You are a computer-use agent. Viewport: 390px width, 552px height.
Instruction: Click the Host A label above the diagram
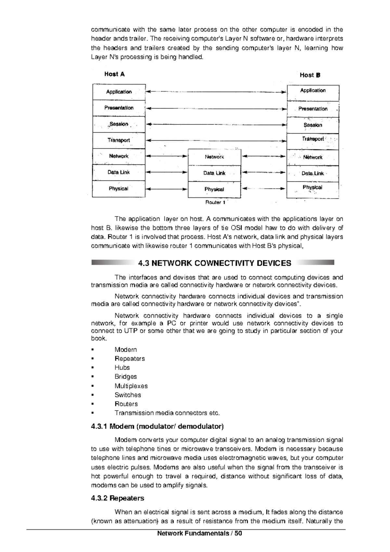pos(114,74)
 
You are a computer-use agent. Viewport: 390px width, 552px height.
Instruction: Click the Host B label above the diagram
pos(310,75)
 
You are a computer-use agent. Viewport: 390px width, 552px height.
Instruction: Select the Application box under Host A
pos(119,92)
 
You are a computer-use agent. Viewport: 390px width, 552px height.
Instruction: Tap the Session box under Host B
pos(313,125)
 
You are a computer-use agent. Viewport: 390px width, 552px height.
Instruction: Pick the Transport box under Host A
pos(119,140)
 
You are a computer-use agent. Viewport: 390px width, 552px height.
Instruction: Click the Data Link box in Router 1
pos(214,173)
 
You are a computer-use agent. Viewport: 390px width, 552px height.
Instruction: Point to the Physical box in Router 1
pos(214,190)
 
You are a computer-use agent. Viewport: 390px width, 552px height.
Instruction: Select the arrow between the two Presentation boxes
pos(216,108)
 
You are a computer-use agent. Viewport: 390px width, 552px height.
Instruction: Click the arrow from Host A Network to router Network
pos(167,156)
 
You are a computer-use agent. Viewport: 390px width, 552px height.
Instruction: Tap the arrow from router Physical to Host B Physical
pos(264,188)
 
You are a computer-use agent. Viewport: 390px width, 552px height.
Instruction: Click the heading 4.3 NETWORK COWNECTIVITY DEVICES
pos(214,263)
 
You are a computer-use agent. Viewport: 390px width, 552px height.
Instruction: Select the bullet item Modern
pos(125,350)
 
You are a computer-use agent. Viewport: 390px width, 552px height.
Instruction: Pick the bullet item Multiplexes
pos(131,386)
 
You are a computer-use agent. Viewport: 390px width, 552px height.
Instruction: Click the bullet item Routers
pos(126,404)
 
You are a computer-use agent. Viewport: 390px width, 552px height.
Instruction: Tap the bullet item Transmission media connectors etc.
pos(167,413)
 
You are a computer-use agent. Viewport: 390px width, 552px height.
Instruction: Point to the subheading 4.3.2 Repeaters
pos(118,498)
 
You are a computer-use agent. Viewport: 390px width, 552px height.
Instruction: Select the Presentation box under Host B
pos(313,109)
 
